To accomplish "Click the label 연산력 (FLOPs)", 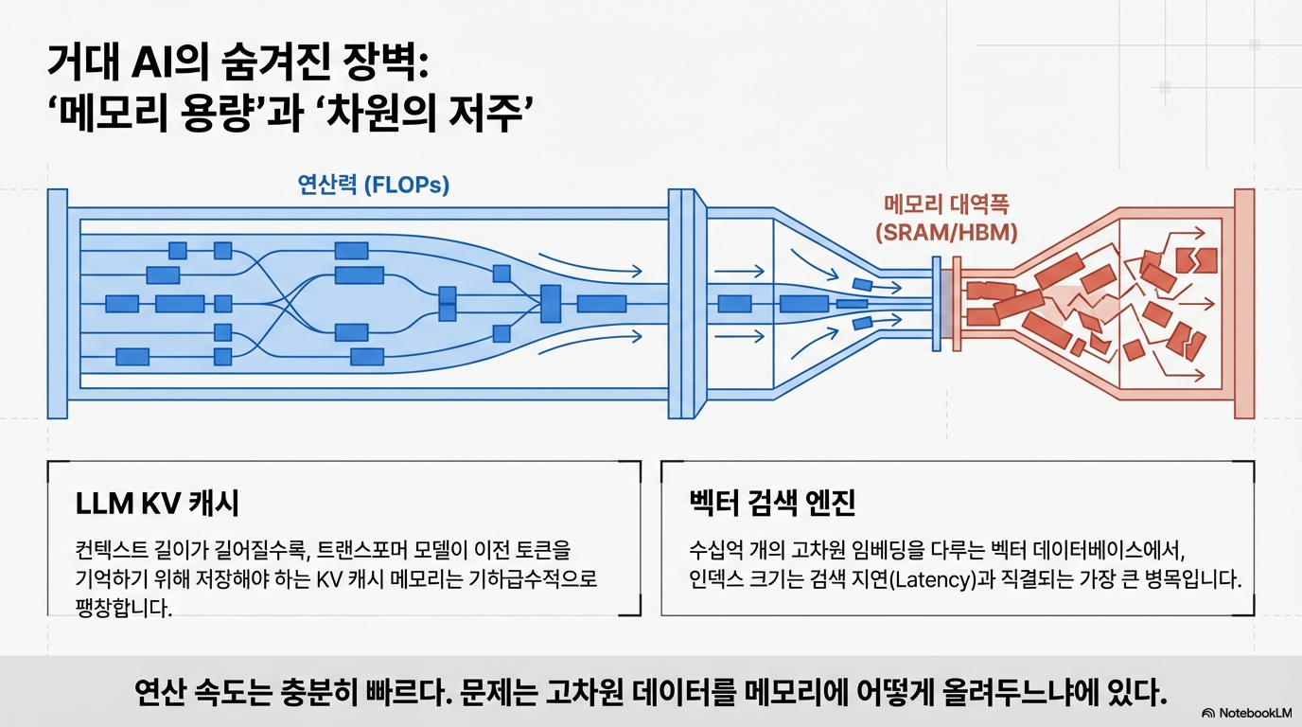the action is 374,185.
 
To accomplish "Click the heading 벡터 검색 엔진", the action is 772,504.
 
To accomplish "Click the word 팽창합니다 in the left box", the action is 123,608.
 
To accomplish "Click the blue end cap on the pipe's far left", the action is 57,303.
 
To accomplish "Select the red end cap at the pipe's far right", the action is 1244,303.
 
